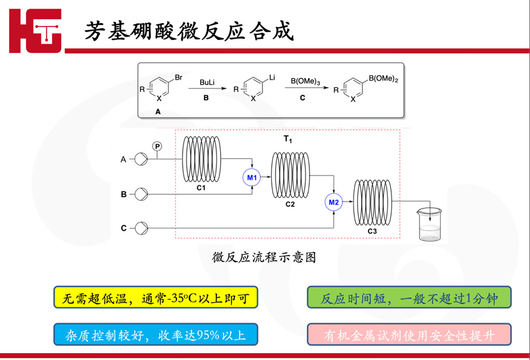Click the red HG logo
[36, 31]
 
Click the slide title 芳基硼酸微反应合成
[189, 31]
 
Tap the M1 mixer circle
[251, 178]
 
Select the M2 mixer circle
[333, 202]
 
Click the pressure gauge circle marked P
[157, 146]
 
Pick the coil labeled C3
[372, 202]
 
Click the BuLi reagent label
[206, 82]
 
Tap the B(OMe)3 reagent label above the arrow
[306, 81]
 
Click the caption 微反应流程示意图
[264, 257]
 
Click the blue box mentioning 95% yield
[155, 334]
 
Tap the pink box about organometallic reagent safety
[409, 334]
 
